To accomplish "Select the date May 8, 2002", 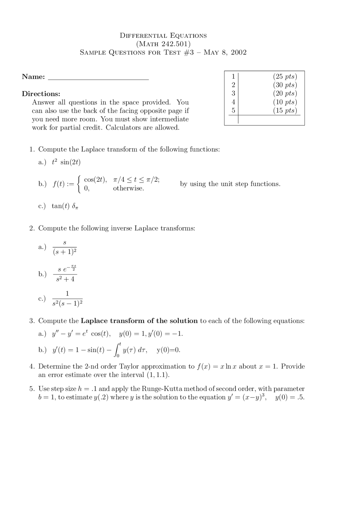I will tap(225, 53).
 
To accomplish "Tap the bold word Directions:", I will tap(41, 94).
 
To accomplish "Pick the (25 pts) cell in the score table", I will tap(285, 76).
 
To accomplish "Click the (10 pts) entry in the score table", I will tap(285, 102).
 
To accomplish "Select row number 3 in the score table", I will tap(233, 93).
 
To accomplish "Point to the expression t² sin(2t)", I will tap(66, 162).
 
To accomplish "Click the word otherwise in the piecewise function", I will tap(128, 188).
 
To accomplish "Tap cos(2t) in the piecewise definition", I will tap(95, 180).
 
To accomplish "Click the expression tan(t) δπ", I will tap(65, 206).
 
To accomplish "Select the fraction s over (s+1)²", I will tap(64, 247).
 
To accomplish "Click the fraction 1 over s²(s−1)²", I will tap(67, 298).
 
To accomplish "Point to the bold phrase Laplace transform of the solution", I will tap(139, 321).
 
